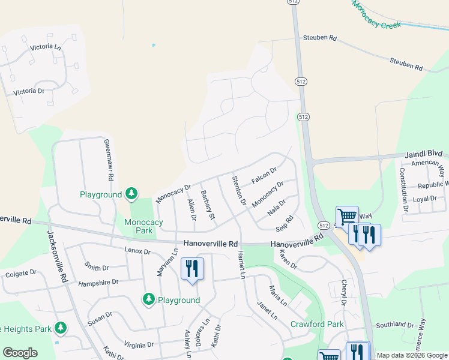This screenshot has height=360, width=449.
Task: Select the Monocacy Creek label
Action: click(376, 15)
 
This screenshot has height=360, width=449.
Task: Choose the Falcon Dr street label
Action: click(264, 176)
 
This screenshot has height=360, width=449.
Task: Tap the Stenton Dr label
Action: click(239, 190)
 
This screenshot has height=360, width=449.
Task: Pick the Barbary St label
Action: click(208, 205)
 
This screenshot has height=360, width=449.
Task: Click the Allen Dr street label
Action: click(192, 209)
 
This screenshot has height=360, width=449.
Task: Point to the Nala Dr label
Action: click(277, 208)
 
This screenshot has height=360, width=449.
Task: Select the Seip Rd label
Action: click(284, 222)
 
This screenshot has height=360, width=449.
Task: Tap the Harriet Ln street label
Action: click(243, 264)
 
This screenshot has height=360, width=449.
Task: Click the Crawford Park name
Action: click(317, 324)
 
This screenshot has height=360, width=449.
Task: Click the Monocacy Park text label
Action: click(143, 226)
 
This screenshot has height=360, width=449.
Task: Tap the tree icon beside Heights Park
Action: click(60, 328)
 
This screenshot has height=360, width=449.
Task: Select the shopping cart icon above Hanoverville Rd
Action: click(346, 216)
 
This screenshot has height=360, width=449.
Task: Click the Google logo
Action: click(20, 353)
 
